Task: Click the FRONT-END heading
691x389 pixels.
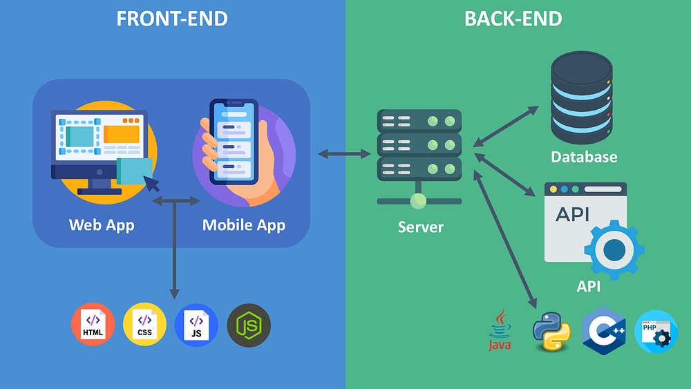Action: tap(171, 19)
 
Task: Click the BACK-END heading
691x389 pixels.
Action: tap(513, 19)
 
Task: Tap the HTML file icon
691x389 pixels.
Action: tap(93, 325)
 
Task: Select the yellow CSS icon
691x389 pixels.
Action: tap(144, 325)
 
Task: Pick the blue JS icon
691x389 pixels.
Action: tap(196, 325)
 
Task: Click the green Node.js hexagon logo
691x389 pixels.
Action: tap(249, 325)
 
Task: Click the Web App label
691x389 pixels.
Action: tap(102, 225)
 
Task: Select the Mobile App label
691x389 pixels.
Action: tap(243, 225)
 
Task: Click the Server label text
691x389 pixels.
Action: tap(420, 227)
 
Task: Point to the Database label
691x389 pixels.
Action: tap(584, 158)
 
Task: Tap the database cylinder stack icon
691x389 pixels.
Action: tap(581, 97)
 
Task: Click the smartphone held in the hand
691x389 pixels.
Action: tap(234, 142)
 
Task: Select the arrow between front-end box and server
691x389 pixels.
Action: tap(344, 153)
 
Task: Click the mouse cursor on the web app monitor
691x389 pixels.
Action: tap(151, 183)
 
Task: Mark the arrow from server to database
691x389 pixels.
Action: tap(506, 126)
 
